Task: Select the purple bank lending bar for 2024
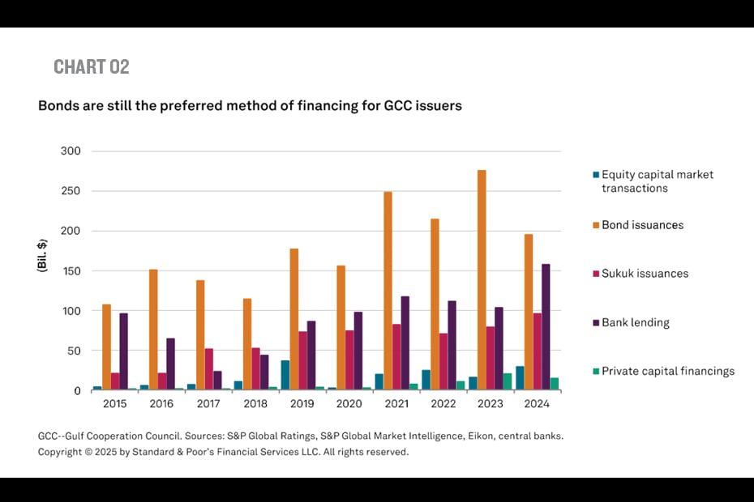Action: click(546, 327)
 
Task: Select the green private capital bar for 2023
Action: click(508, 382)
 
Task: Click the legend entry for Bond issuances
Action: click(642, 225)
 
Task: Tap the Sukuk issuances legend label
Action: click(645, 274)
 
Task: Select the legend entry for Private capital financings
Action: click(667, 372)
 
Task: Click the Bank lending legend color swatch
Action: click(595, 323)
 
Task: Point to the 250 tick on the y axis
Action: click(71, 191)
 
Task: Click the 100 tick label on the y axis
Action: click(71, 311)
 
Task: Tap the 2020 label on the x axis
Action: click(349, 404)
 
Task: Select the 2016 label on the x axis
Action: click(161, 404)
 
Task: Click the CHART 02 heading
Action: click(92, 67)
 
